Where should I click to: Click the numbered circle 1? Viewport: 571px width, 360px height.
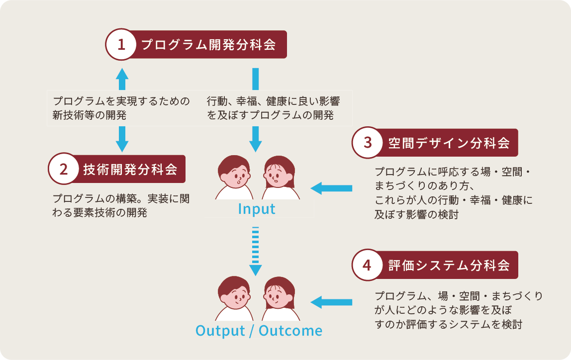tap(121, 45)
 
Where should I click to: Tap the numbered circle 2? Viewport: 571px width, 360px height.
tap(63, 169)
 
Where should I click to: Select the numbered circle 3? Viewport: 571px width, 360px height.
tap(368, 143)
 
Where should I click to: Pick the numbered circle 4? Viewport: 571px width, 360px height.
tap(368, 265)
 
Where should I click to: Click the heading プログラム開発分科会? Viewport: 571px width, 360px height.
tap(208, 45)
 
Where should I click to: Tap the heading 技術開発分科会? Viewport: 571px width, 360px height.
tap(130, 169)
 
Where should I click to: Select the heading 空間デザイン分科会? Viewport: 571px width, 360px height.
tap(449, 143)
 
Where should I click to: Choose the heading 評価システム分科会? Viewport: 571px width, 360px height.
tap(449, 265)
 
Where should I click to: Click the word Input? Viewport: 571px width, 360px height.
tap(256, 209)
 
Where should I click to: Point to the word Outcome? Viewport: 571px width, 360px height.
tap(290, 331)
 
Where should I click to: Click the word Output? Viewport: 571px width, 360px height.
tap(220, 331)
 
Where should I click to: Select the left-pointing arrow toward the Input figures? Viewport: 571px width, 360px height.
tap(331, 188)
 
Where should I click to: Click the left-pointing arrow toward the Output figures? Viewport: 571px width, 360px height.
tap(331, 302)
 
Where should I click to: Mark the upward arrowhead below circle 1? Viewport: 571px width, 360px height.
tap(122, 74)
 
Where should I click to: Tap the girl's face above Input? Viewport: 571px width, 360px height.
tap(278, 173)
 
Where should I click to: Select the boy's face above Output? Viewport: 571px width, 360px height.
tap(234, 295)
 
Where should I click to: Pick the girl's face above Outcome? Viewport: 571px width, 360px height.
tap(278, 295)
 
